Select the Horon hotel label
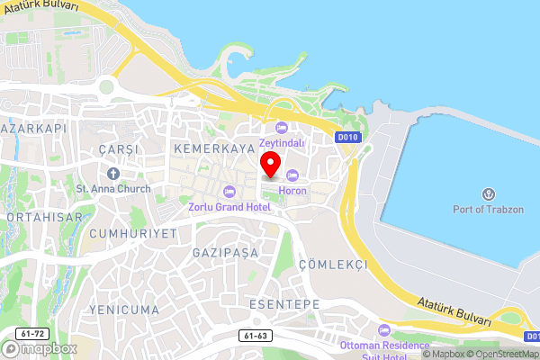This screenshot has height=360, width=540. click(x=292, y=191)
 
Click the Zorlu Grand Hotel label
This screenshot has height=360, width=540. click(x=229, y=206)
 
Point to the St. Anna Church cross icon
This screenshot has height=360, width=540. click(x=113, y=173)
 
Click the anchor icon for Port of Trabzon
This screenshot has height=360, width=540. click(x=489, y=194)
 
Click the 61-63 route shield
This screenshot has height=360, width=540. click(x=256, y=336)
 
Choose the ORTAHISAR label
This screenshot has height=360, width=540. click(x=44, y=217)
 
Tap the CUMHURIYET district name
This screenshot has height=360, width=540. click(x=133, y=233)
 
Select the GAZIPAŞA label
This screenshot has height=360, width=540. click(x=225, y=253)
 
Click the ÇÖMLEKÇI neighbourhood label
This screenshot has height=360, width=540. click(x=333, y=265)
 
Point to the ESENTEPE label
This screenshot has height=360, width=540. click(x=283, y=305)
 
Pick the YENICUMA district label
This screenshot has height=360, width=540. click(x=123, y=310)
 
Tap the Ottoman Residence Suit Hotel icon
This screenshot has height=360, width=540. click(x=384, y=330)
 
